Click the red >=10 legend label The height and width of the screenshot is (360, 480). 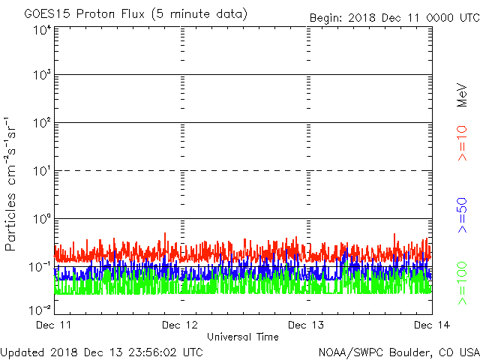point(463,142)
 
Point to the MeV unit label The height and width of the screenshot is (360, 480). point(463,95)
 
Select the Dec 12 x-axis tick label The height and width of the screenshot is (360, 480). point(180,325)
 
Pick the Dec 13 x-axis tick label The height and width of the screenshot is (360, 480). point(306,325)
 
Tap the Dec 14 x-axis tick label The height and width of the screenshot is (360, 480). point(431,325)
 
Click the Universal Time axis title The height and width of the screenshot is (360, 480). point(242,337)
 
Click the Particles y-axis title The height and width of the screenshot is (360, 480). point(10,184)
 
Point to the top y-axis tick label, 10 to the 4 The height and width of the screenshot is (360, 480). point(41,30)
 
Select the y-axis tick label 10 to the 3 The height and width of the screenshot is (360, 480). point(41,76)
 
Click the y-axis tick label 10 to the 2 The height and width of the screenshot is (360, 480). point(41,124)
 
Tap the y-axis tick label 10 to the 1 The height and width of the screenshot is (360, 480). point(41,172)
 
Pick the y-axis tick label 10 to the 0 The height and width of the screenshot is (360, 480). point(41,219)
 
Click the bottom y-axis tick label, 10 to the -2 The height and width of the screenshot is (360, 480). point(40,308)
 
